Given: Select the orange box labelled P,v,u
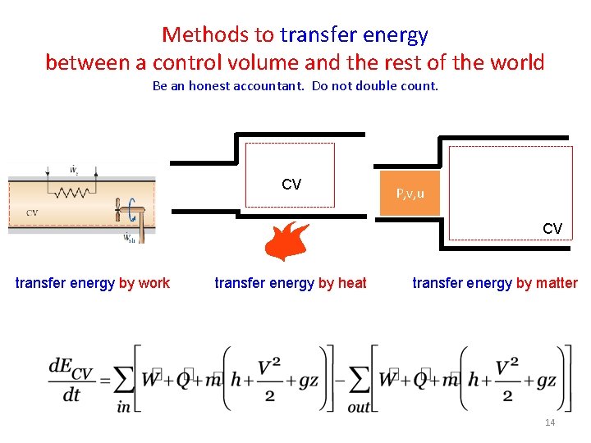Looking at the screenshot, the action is pyautogui.click(x=410, y=194).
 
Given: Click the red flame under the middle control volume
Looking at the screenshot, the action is pyautogui.click(x=287, y=241).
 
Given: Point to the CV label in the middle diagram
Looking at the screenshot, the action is pyautogui.click(x=291, y=185).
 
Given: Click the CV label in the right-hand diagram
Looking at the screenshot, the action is pyautogui.click(x=552, y=228).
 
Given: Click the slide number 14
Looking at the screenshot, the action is pyautogui.click(x=550, y=422).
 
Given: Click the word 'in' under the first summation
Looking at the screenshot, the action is pyautogui.click(x=124, y=405).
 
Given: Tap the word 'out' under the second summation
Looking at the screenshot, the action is pyautogui.click(x=359, y=405).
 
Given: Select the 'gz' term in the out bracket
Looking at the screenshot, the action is pyautogui.click(x=543, y=380).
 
